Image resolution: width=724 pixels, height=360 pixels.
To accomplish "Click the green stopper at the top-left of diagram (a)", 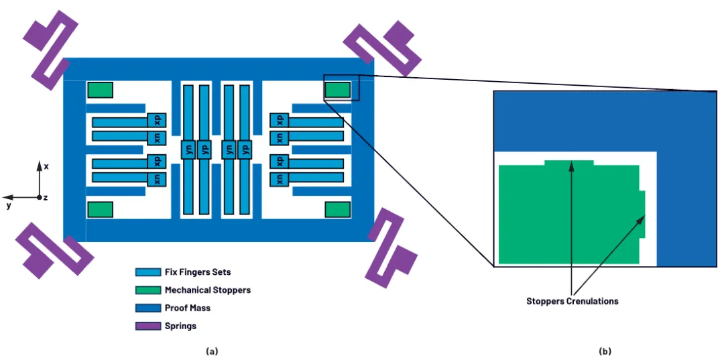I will pyautogui.click(x=100, y=90).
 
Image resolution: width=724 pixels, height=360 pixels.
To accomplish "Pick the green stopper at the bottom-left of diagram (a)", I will pyautogui.click(x=100, y=209).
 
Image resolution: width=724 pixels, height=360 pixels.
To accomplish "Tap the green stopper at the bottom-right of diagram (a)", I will pyautogui.click(x=338, y=209).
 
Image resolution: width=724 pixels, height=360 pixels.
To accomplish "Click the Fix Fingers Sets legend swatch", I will pyautogui.click(x=146, y=272).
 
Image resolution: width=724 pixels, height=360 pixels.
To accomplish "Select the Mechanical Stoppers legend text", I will pyautogui.click(x=207, y=290).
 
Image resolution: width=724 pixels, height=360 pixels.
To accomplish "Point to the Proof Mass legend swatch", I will pyautogui.click(x=146, y=308).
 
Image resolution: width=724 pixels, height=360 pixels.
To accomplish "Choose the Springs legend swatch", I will pyautogui.click(x=146, y=326).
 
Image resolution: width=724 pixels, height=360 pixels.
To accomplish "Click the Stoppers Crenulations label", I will pyautogui.click(x=572, y=301).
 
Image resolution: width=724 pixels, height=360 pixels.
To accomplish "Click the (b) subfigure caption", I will pyautogui.click(x=606, y=351).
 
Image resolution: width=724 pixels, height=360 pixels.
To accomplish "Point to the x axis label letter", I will pyautogui.click(x=46, y=166).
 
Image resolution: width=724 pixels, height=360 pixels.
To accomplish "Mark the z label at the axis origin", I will pyautogui.click(x=45, y=198).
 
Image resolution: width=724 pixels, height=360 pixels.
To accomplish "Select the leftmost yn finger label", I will pyautogui.click(x=188, y=149).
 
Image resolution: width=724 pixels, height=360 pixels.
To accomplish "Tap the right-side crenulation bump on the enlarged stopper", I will pyautogui.click(x=642, y=214).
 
